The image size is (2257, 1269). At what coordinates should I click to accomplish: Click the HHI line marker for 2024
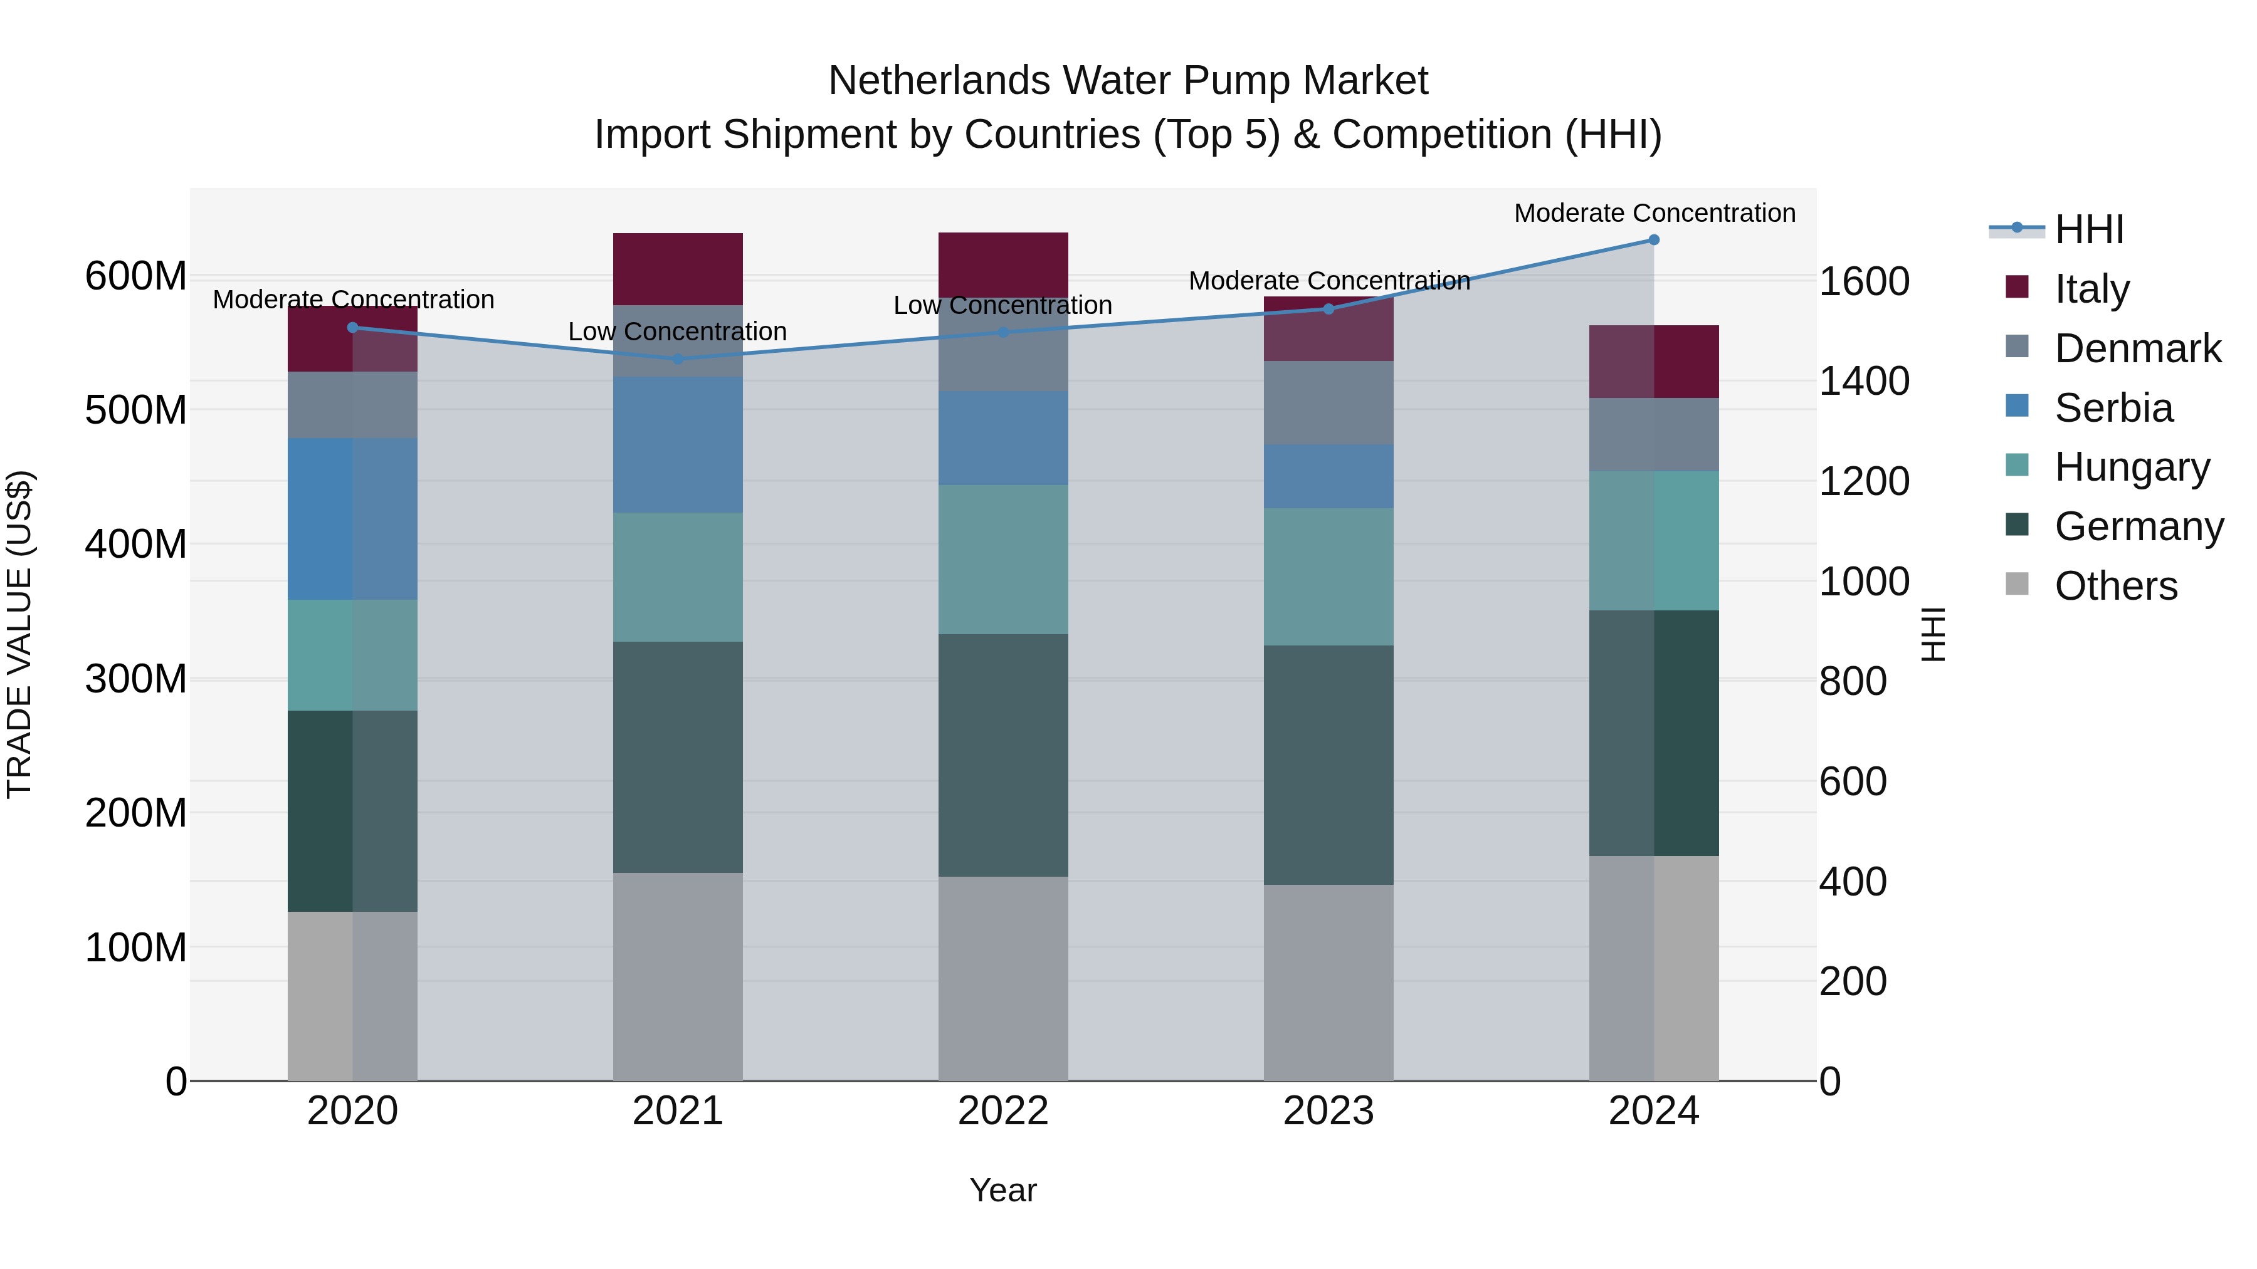[x=1653, y=240]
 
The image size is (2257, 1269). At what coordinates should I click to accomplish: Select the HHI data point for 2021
[x=677, y=359]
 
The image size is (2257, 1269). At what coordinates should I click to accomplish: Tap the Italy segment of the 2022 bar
[x=1002, y=264]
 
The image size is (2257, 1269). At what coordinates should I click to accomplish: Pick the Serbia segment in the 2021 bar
[x=677, y=445]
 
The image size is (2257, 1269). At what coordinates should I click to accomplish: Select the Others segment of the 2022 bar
[x=1002, y=978]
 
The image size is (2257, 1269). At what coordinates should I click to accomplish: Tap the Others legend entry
[x=2115, y=586]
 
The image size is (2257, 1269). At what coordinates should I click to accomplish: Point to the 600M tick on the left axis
[x=136, y=277]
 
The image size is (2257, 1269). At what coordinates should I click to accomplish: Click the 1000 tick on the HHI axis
[x=1865, y=582]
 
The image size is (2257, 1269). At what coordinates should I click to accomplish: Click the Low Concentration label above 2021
[x=677, y=332]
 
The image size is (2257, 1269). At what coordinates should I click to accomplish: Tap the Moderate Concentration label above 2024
[x=1653, y=213]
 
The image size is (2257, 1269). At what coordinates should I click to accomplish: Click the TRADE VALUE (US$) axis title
[x=19, y=634]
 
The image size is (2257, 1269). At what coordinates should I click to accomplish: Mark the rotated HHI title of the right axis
[x=1932, y=634]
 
